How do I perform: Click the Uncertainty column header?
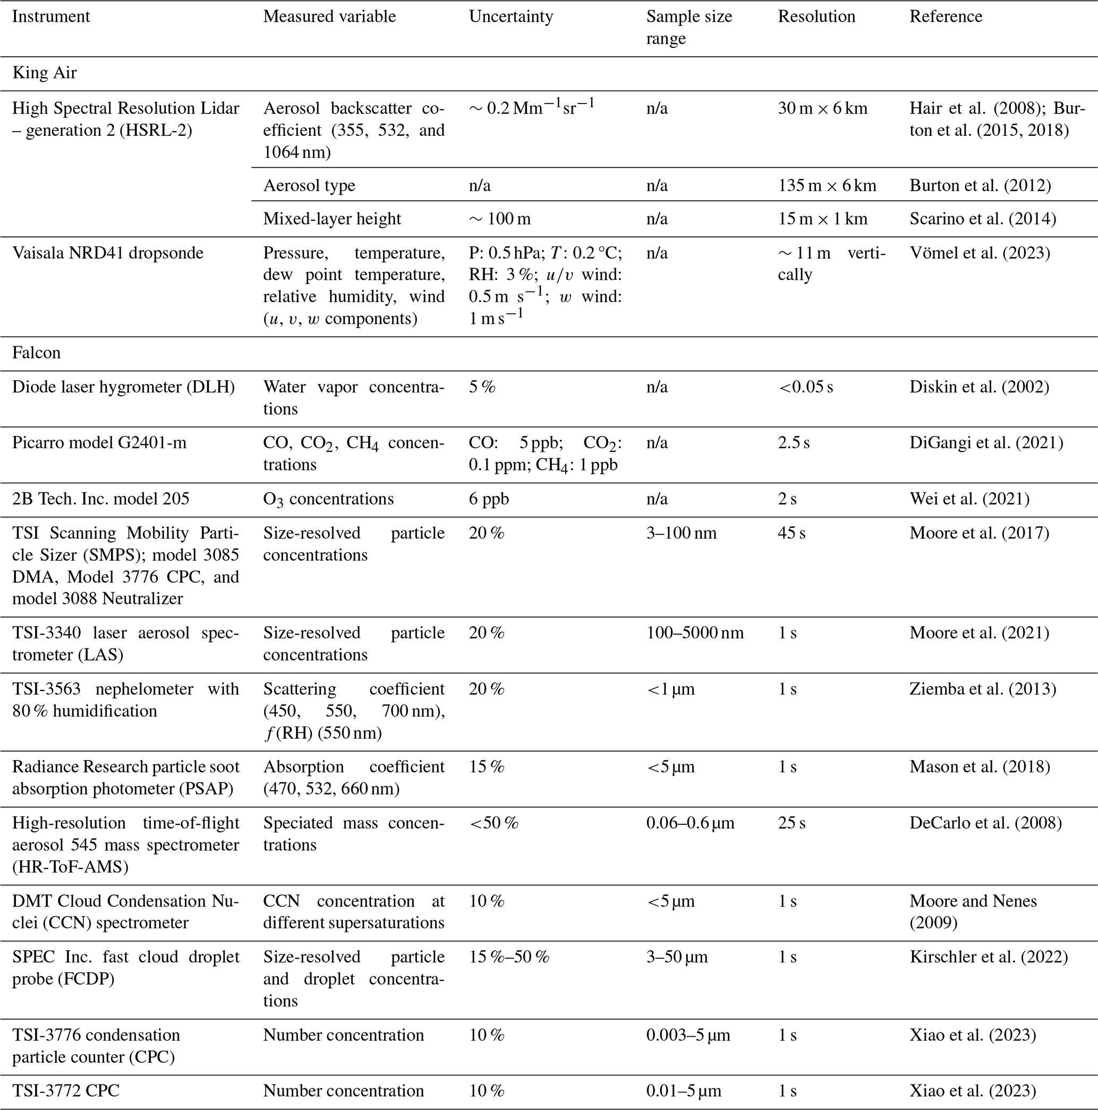(511, 16)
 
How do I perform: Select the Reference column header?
(946, 16)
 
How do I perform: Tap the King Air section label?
(44, 73)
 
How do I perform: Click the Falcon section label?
(36, 353)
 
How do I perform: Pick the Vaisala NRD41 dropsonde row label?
(107, 253)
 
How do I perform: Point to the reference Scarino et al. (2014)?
(983, 219)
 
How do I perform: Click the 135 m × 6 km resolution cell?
(827, 185)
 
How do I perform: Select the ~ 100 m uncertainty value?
(499, 219)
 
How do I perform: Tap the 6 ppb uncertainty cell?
(488, 499)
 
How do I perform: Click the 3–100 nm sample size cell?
(682, 533)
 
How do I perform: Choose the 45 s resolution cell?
(791, 533)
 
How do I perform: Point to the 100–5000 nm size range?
(695, 633)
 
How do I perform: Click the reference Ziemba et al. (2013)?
(983, 689)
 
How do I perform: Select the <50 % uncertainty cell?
(493, 823)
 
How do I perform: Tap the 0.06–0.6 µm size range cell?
(690, 823)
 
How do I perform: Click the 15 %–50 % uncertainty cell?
(509, 957)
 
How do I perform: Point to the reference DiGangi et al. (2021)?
(986, 443)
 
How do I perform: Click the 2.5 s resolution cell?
(794, 443)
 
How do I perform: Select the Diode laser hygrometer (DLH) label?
(124, 387)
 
